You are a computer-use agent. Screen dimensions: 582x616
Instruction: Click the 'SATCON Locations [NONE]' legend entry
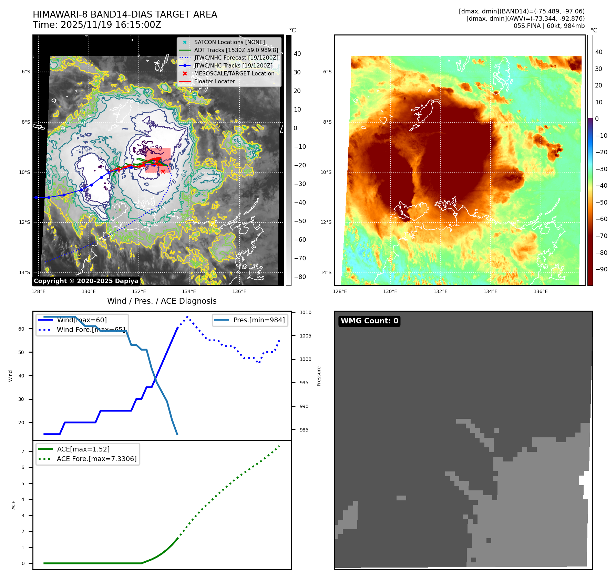coord(229,42)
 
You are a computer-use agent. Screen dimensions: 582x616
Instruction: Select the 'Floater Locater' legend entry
coord(214,81)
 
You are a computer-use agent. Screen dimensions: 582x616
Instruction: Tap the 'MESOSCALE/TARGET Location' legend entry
coord(234,73)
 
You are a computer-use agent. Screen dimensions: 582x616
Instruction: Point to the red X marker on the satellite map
coord(163,172)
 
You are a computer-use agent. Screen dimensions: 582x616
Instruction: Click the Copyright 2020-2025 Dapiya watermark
coord(86,281)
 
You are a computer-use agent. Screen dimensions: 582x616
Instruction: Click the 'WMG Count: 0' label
coord(369,321)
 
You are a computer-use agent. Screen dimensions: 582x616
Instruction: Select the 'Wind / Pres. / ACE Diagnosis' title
coord(162,301)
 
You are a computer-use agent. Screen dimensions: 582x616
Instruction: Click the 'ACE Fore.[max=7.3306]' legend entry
coord(96,459)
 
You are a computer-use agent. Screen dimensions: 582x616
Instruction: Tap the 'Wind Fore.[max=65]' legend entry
coord(91,330)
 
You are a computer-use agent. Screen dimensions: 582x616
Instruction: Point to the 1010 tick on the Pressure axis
coord(305,312)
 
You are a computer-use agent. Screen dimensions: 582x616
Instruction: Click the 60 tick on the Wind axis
coord(21,329)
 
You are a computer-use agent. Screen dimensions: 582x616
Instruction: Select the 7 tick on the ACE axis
coord(23,451)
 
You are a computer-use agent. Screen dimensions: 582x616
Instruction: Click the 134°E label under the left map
coord(189,291)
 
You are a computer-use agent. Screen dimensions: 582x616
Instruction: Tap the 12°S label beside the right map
coord(326,222)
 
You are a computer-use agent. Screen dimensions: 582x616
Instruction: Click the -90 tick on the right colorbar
coord(601,269)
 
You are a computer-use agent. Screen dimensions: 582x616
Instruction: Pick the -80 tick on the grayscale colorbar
coord(299,277)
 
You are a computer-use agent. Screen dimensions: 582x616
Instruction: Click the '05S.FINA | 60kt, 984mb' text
coord(549,26)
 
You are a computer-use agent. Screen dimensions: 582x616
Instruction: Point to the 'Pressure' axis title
coord(319,376)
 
